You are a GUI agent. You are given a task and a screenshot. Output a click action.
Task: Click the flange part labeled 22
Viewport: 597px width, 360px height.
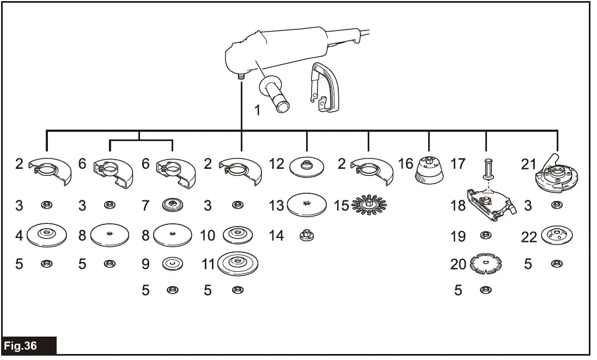(556, 236)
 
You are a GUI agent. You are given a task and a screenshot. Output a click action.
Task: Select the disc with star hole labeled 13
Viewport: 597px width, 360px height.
(307, 205)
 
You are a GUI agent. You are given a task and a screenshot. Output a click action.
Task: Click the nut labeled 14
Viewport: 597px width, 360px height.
(307, 236)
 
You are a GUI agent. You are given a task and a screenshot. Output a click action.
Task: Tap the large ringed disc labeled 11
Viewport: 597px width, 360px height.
(237, 264)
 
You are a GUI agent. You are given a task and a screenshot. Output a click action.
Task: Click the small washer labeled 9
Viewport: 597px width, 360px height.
(173, 264)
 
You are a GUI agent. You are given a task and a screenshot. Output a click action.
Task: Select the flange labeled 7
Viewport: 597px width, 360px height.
(173, 205)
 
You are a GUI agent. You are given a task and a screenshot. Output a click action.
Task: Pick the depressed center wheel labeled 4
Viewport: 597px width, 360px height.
(46, 235)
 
